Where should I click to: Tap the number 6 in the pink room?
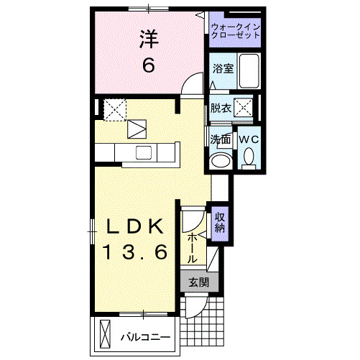pos(148,65)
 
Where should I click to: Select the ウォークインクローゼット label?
pos(236,32)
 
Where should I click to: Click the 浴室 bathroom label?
pos(221,69)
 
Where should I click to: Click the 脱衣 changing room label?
pos(221,109)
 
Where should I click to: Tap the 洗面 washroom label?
pos(220,139)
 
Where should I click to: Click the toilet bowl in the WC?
pos(249,156)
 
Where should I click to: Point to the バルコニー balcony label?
pos(144,336)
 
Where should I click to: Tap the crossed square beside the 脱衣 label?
pos(244,109)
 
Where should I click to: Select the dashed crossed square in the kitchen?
pos(114,109)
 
